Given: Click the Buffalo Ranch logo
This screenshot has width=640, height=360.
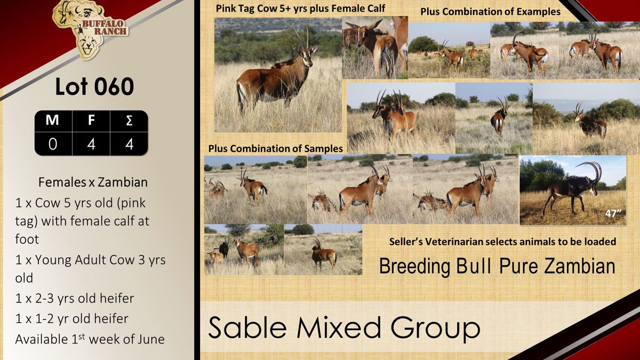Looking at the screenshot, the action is point(90,30).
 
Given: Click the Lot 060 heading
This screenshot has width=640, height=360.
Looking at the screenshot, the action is point(94,86).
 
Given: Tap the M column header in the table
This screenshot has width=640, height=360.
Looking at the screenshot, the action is point(52,120).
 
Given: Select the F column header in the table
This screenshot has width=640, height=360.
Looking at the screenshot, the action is point(91,120).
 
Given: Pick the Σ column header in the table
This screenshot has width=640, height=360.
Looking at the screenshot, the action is point(129,121).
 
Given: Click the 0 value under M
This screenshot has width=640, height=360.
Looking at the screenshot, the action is point(53,144).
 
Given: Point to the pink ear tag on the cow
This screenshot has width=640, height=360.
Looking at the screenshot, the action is point(315,50).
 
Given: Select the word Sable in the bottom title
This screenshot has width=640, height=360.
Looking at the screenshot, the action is point(247,327).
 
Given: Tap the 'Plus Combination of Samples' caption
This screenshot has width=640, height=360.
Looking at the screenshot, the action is point(275,149).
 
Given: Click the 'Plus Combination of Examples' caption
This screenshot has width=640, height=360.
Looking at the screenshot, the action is point(490,12).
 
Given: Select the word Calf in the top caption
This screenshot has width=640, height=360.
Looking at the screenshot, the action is point(375,9).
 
